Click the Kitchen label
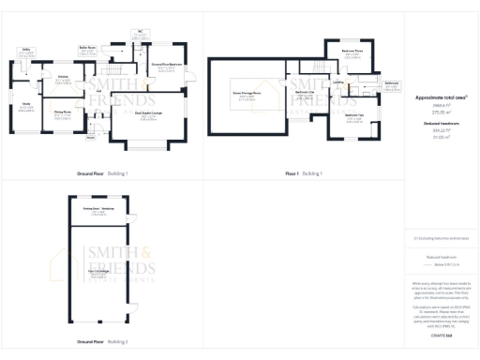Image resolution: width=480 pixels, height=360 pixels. click(62, 76)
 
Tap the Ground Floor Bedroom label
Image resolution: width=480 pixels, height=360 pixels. click(165, 65)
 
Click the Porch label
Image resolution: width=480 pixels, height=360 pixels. click(92, 137)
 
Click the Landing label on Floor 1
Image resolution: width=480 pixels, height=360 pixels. click(337, 82)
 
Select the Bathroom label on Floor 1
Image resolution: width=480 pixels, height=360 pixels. click(391, 82)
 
